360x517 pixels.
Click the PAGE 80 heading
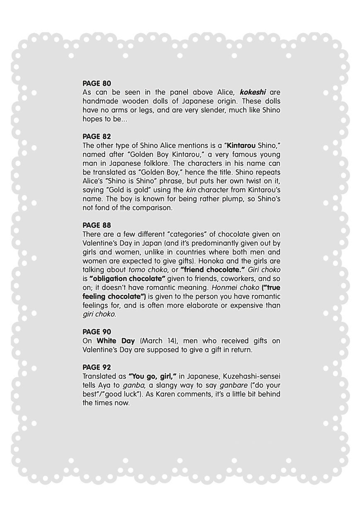point(97,83)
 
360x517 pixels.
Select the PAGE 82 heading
point(97,136)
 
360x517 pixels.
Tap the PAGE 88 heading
point(97,226)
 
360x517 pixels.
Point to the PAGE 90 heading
point(97,332)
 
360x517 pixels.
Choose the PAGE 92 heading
point(97,367)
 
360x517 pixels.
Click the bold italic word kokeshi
point(253,92)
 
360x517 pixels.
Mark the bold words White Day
point(116,341)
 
